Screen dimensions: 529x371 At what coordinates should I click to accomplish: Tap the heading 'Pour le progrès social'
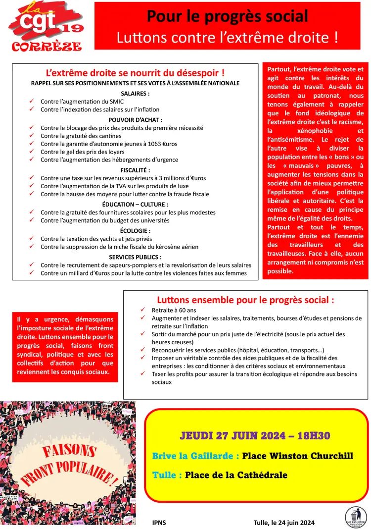(228, 16)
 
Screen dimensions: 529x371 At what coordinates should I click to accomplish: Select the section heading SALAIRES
(135, 93)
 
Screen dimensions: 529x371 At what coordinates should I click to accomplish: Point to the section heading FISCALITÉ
(135, 169)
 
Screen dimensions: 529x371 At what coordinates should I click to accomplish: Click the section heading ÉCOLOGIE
(135, 230)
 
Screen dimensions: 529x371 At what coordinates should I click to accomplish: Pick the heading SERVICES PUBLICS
(135, 257)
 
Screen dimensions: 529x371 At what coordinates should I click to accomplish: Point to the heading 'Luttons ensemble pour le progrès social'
(245, 300)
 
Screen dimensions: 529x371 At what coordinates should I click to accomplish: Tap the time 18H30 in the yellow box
(312, 436)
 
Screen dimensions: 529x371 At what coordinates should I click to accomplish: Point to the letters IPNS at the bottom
(160, 522)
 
